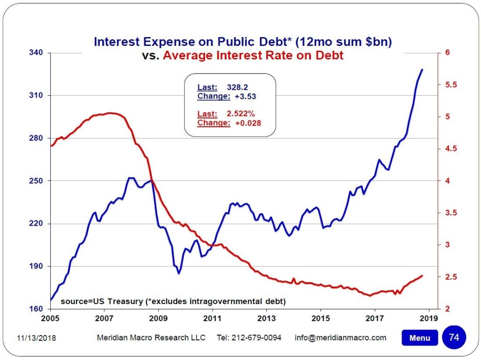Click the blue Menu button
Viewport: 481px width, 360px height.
pyautogui.click(x=419, y=338)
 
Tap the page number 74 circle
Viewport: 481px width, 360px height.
pyautogui.click(x=454, y=337)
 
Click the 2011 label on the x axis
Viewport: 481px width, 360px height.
pyautogui.click(x=212, y=318)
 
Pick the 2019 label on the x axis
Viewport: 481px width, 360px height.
pyautogui.click(x=429, y=318)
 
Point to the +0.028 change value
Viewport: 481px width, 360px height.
pyautogui.click(x=248, y=123)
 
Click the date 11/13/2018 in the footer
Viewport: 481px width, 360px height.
pyautogui.click(x=36, y=338)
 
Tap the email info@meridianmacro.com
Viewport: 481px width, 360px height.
pyautogui.click(x=341, y=338)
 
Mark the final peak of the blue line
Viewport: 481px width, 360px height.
pyautogui.click(x=422, y=69)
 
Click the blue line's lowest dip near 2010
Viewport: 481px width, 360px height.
pyautogui.click(x=178, y=273)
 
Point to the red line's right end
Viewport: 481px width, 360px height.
pyautogui.click(x=422, y=276)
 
